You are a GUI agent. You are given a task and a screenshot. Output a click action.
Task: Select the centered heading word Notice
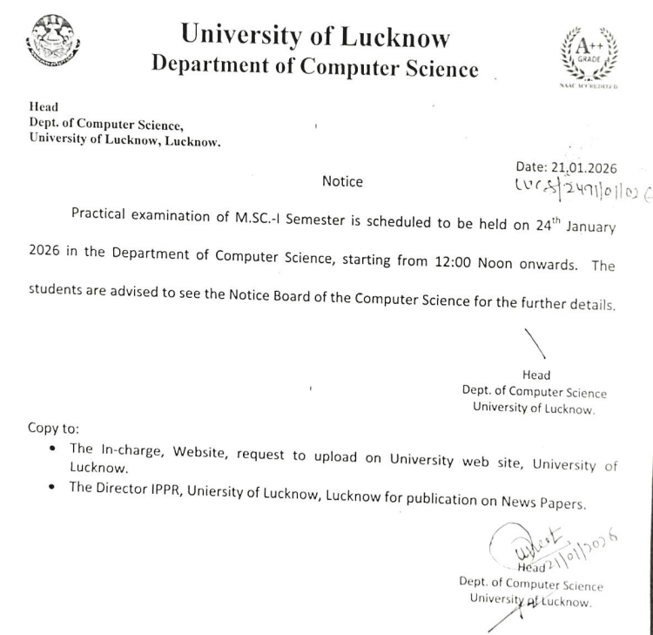coord(342,181)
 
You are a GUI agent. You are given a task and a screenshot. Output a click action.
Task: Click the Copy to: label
coord(53,429)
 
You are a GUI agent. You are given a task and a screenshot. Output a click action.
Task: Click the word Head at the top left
coord(43,107)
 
